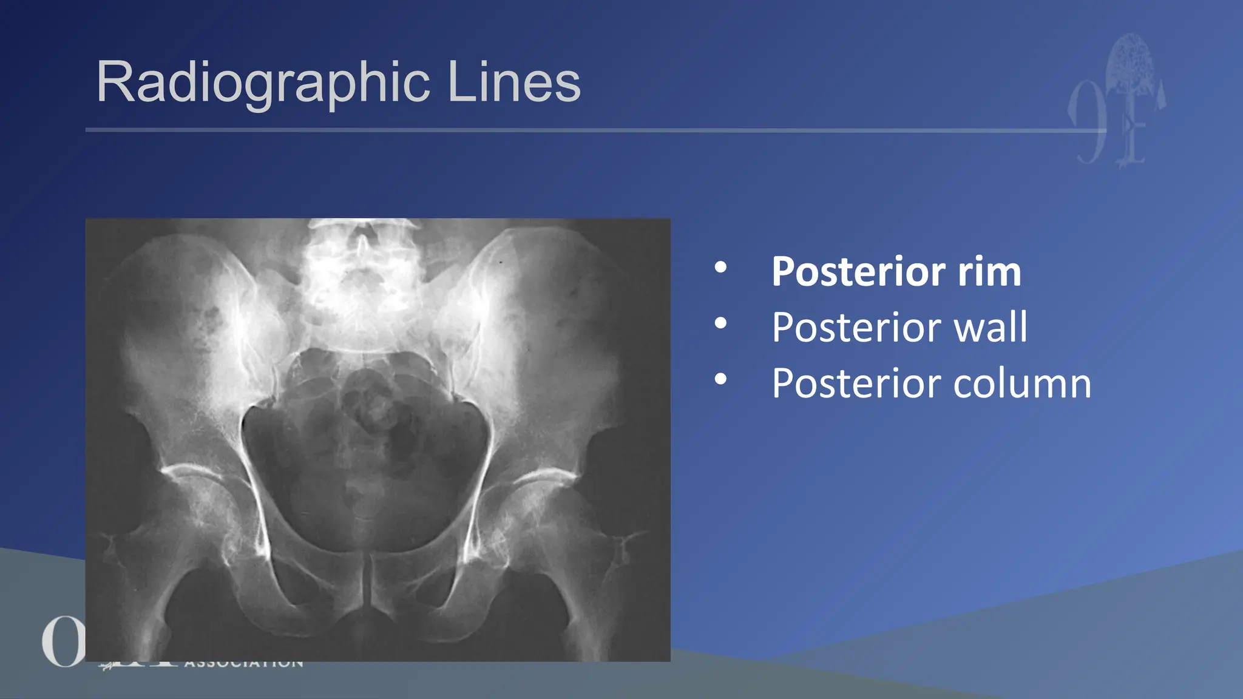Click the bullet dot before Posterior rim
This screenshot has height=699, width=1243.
click(720, 267)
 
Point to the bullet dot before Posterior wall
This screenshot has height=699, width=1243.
click(720, 323)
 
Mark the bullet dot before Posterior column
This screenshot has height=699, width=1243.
click(720, 379)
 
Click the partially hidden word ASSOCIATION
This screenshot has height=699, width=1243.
click(243, 664)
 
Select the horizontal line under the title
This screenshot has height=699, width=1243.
click(583, 130)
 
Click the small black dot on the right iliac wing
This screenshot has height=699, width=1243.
click(501, 262)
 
